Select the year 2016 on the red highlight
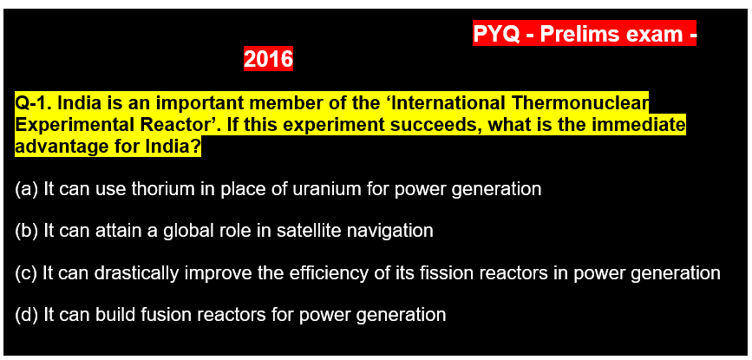(268, 59)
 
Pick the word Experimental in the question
(65, 125)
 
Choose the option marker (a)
(26, 189)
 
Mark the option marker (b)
(26, 231)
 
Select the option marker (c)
(26, 272)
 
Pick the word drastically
(137, 273)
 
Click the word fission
(441, 272)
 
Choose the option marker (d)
(26, 315)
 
